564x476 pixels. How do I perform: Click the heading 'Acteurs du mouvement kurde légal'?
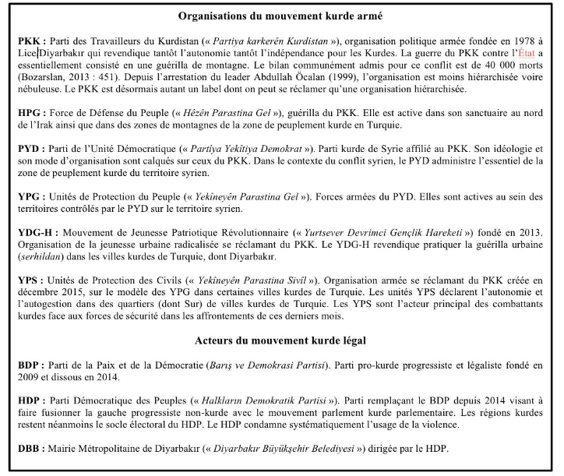281,340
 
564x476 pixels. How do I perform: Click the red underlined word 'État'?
531,51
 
